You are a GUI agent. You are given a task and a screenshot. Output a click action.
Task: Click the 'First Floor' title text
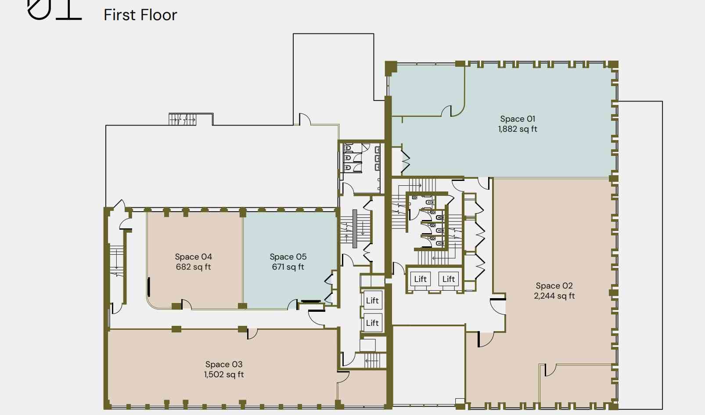pyautogui.click(x=140, y=15)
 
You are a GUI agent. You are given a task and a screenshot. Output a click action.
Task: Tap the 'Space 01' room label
pyautogui.click(x=518, y=119)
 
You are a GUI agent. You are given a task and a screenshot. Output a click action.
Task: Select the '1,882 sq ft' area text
pyautogui.click(x=518, y=129)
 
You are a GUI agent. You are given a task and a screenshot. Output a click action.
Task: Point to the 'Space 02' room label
pyautogui.click(x=554, y=285)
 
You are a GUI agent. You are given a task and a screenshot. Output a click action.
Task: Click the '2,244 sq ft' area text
pyautogui.click(x=554, y=296)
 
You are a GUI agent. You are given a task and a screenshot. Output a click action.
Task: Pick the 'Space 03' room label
pyautogui.click(x=224, y=364)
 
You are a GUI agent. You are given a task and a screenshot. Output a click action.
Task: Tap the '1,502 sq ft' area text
pyautogui.click(x=224, y=375)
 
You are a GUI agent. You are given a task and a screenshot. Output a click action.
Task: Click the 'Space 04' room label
pyautogui.click(x=193, y=256)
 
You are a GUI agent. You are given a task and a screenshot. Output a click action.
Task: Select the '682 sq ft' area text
pyautogui.click(x=193, y=267)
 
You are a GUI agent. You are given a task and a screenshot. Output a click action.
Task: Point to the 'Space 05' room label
pyautogui.click(x=288, y=256)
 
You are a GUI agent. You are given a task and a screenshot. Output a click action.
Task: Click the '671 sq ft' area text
pyautogui.click(x=288, y=267)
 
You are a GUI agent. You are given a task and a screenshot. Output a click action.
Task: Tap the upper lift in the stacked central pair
pyautogui.click(x=373, y=300)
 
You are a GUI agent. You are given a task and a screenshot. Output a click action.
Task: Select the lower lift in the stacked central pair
pyautogui.click(x=373, y=323)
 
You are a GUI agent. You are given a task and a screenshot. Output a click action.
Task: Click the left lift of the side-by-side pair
pyautogui.click(x=421, y=279)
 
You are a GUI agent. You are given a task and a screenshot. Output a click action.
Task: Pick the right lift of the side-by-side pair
pyautogui.click(x=449, y=279)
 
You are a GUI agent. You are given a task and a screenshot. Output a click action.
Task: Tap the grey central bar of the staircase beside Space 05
pyautogui.click(x=355, y=229)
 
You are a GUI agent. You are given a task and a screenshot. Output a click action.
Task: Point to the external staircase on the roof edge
pyautogui.click(x=182, y=119)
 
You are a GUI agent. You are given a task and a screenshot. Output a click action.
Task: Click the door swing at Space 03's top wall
pyautogui.click(x=252, y=334)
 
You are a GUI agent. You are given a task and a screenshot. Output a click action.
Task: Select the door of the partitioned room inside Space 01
pyautogui.click(x=446, y=111)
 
